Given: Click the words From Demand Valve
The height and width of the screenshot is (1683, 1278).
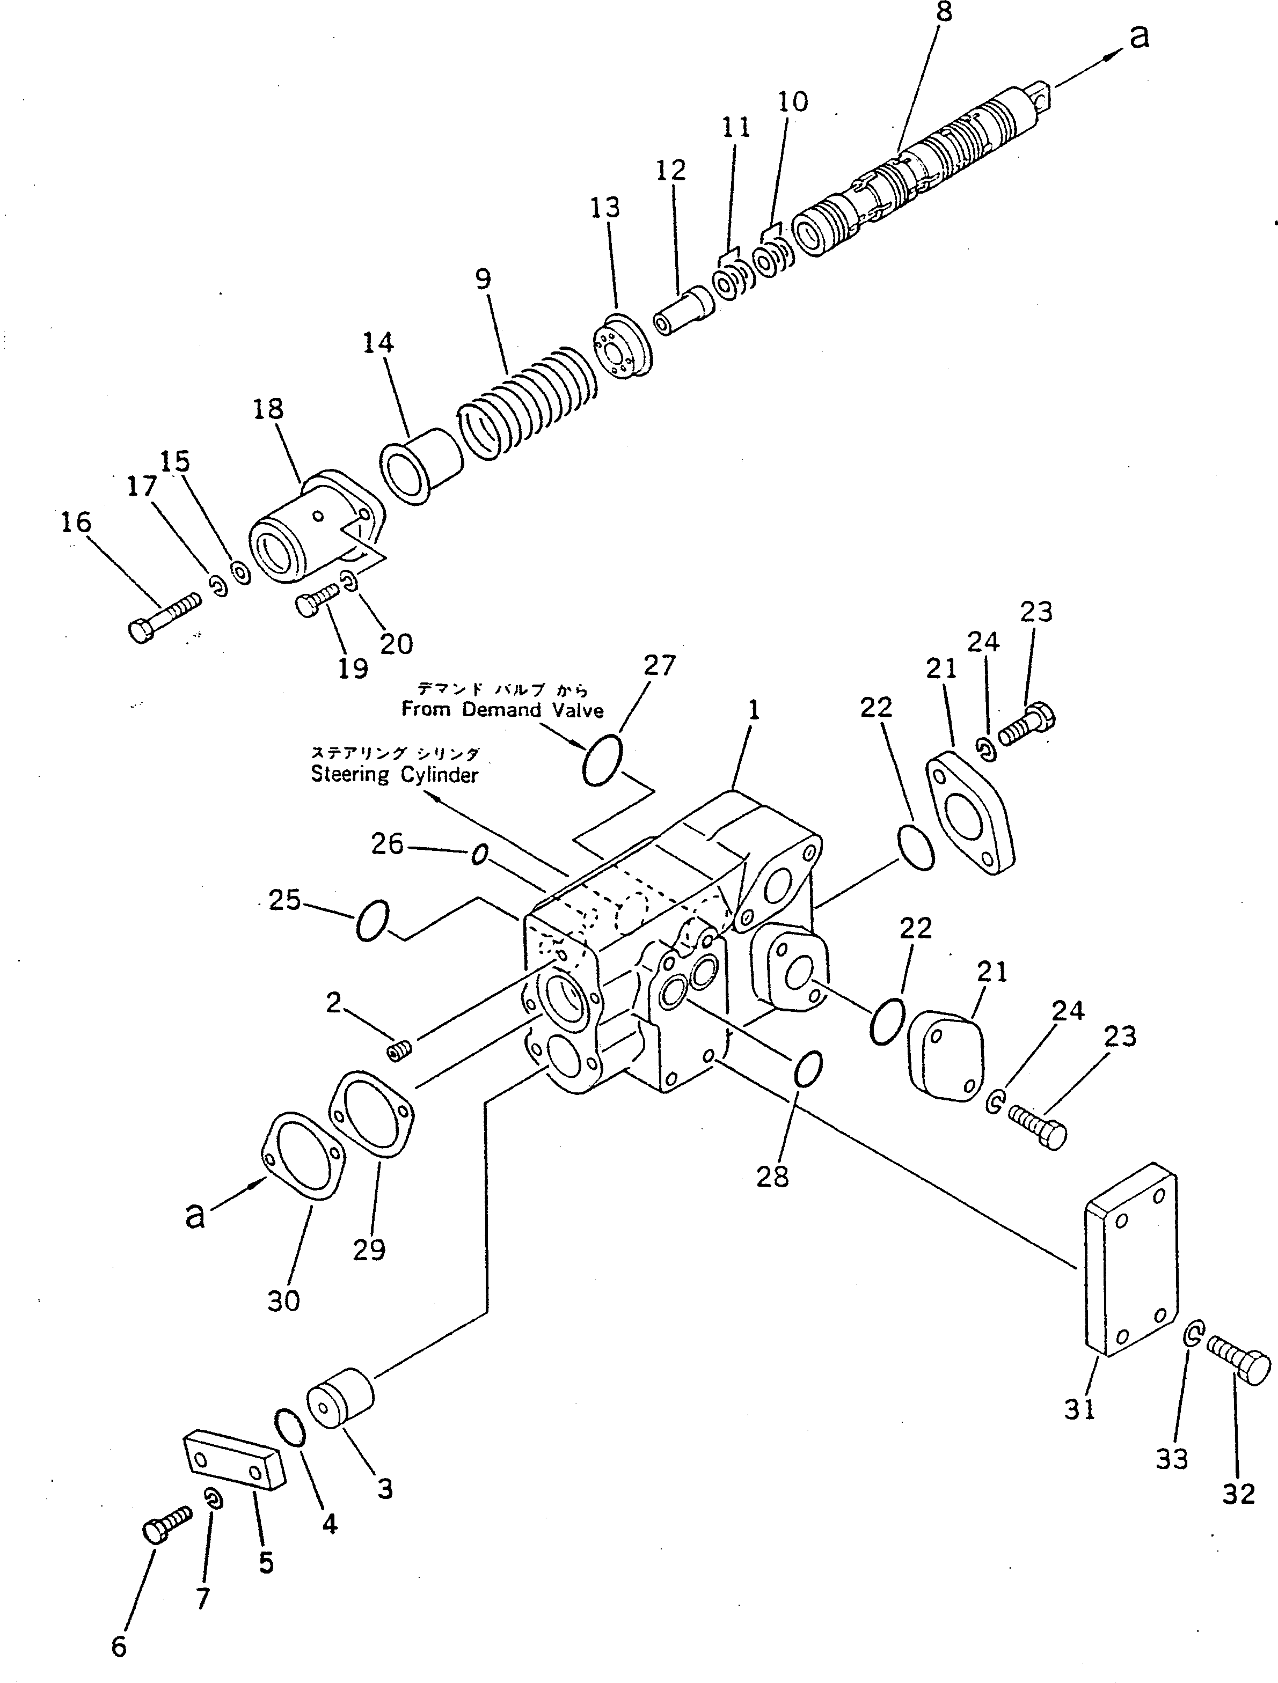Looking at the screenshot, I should [502, 710].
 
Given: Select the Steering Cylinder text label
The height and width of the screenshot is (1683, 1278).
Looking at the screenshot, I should [395, 775].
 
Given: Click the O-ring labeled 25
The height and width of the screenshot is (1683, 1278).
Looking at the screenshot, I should [372, 921].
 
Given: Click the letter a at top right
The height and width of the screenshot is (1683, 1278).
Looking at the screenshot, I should [1138, 36].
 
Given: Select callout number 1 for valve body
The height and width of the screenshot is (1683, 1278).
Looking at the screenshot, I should [754, 711].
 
